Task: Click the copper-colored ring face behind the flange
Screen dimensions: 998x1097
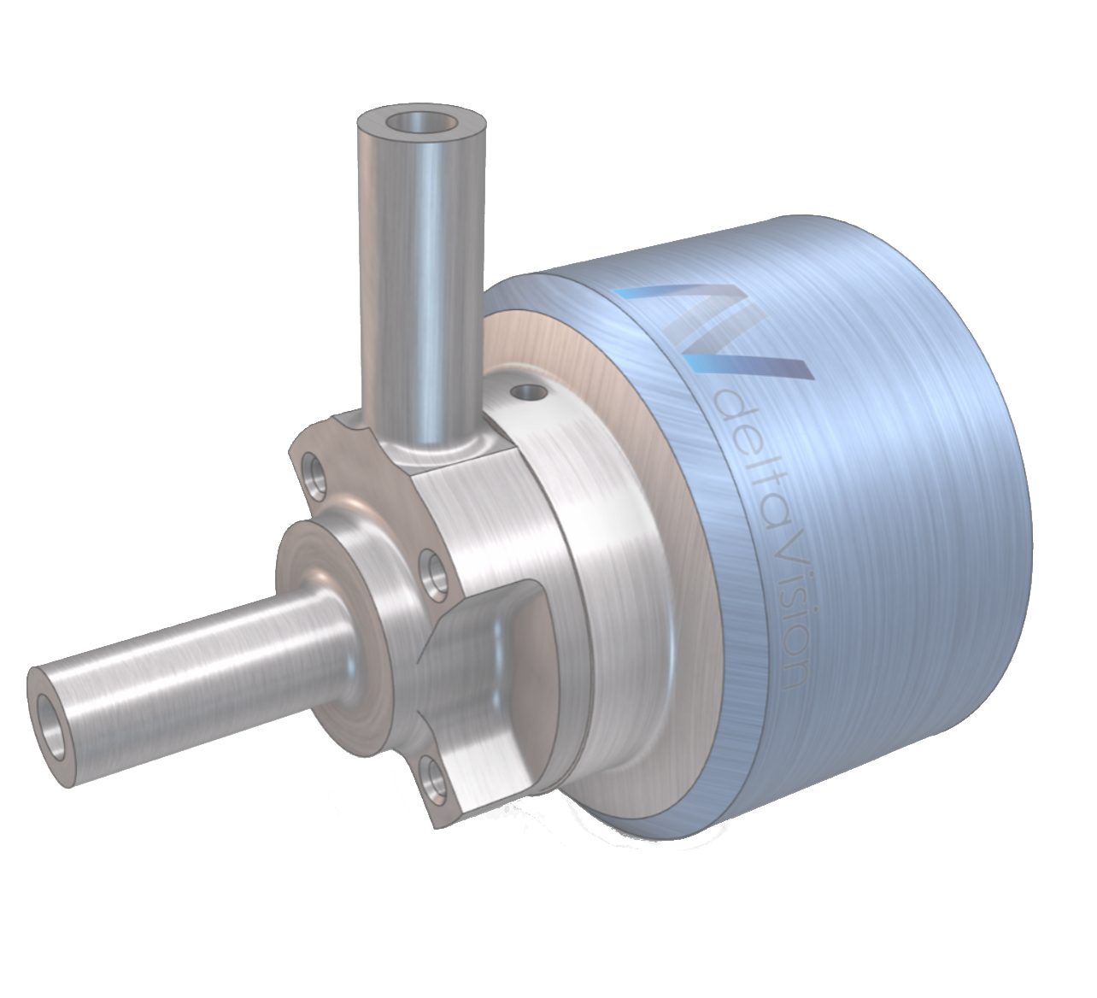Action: tap(598, 359)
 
